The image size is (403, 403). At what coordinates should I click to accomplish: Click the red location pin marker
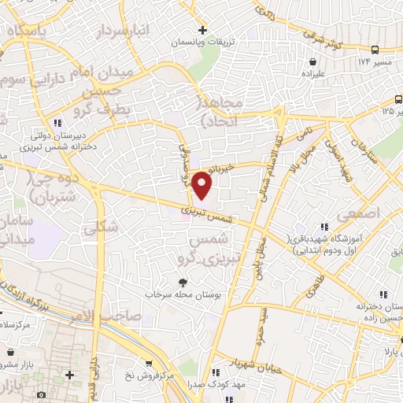click(203, 184)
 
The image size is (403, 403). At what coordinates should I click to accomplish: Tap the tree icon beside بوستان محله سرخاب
click(183, 282)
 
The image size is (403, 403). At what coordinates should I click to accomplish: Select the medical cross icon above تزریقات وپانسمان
click(203, 29)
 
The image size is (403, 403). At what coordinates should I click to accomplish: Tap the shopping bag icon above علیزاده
click(314, 61)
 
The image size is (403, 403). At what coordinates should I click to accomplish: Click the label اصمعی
click(359, 214)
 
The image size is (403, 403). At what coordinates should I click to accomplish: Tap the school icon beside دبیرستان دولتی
click(57, 122)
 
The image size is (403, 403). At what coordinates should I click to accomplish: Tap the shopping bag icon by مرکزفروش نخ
click(149, 364)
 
